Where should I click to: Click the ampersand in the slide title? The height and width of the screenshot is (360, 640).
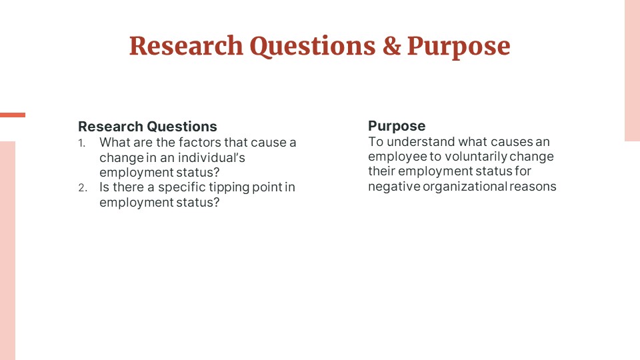(391, 46)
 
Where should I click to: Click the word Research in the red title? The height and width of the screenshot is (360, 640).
(186, 46)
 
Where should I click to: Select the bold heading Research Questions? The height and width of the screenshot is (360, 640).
(147, 127)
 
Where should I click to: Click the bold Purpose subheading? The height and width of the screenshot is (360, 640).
(397, 126)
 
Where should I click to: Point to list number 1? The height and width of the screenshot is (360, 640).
(82, 143)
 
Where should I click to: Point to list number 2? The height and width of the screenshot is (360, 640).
(83, 188)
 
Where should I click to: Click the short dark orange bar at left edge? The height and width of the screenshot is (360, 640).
(13, 115)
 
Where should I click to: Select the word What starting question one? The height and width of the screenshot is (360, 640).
(112, 143)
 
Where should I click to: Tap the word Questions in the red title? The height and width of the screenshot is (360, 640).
(313, 47)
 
